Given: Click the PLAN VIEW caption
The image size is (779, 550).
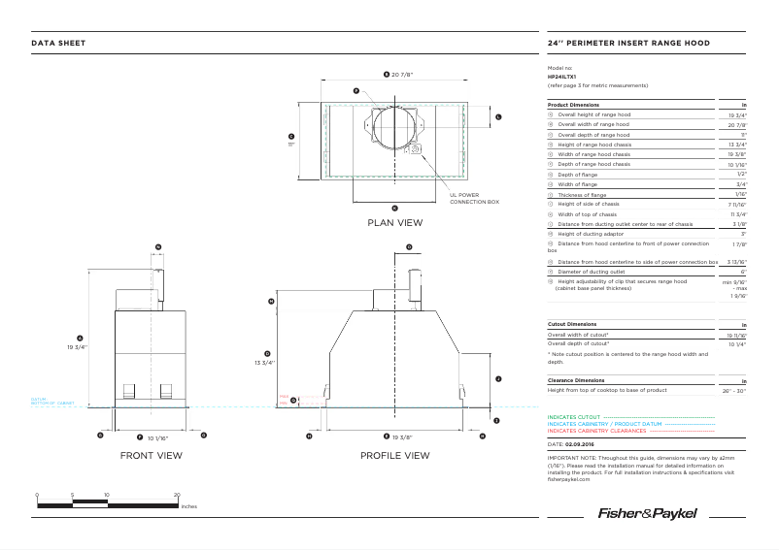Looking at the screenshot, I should click(x=394, y=223).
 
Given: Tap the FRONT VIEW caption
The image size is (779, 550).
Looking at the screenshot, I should click(x=151, y=455).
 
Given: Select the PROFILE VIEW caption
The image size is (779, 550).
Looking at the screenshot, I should click(x=394, y=455).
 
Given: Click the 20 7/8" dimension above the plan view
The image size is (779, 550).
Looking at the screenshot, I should click(x=398, y=75).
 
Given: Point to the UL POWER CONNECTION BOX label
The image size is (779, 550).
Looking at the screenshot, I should click(x=474, y=198).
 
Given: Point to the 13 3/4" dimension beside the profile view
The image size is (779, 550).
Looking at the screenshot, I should click(x=265, y=362).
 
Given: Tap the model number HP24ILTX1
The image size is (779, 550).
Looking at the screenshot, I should click(x=562, y=76).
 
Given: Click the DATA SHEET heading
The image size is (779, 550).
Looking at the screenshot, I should click(x=58, y=44).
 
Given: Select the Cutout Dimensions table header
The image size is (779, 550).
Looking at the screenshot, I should click(x=573, y=324).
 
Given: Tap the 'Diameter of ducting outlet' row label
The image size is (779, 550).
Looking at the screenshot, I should click(x=594, y=272).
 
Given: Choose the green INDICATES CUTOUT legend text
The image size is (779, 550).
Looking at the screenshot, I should click(x=573, y=417).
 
